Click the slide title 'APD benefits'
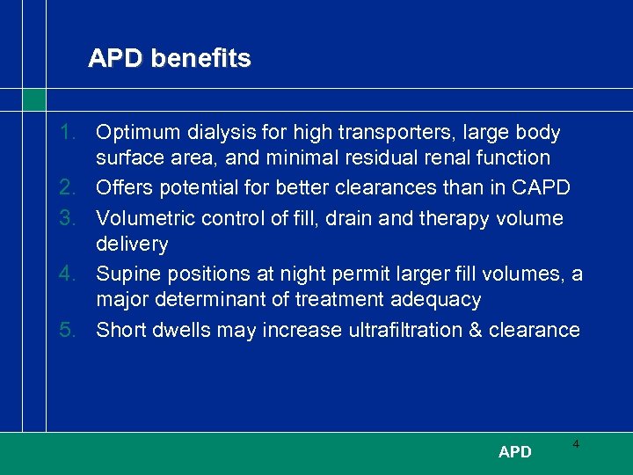point(169,59)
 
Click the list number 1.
point(69,133)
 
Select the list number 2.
point(69,188)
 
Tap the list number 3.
point(69,217)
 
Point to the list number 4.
point(69,274)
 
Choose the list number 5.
point(69,330)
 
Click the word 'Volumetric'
point(145,217)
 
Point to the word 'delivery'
point(132,244)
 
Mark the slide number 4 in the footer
point(576,445)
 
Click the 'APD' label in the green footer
point(514,452)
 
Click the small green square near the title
point(33,99)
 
